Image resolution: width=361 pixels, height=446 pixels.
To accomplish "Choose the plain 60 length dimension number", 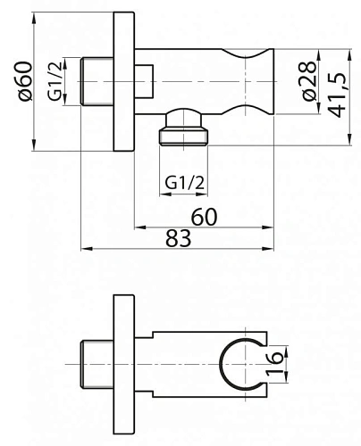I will [x=204, y=217].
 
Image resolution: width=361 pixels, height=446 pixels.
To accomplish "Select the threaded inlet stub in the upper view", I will [x=97, y=81].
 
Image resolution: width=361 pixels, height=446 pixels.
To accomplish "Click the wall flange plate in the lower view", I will [x=124, y=367].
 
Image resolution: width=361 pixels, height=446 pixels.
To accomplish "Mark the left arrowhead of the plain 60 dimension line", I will [x=139, y=227].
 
